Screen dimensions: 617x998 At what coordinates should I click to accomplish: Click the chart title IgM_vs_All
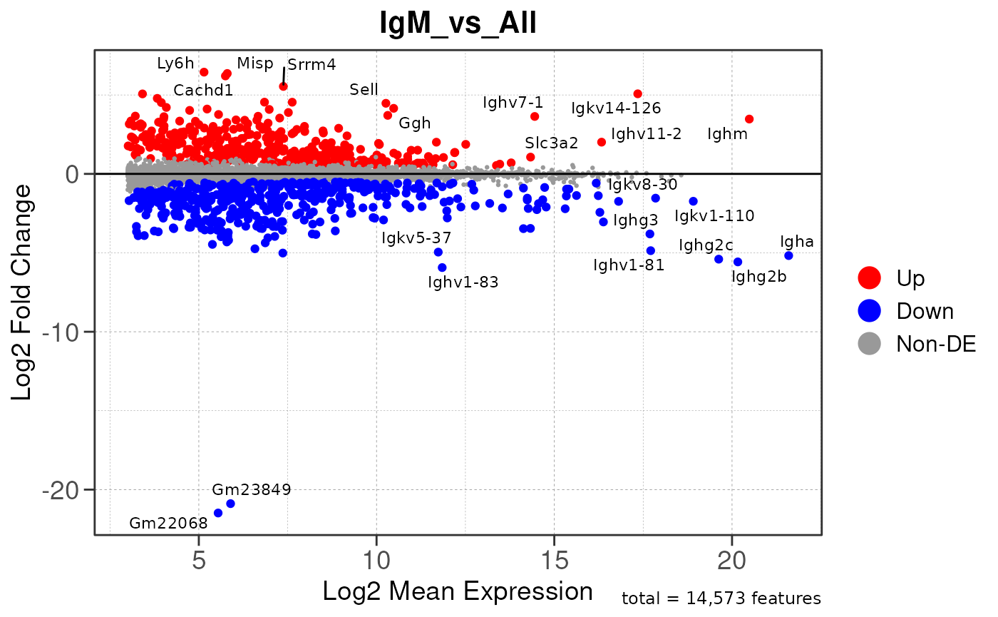tap(458, 24)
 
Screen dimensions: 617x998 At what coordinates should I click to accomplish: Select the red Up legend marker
tap(870, 277)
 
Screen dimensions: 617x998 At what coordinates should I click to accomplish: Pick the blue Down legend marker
tap(870, 310)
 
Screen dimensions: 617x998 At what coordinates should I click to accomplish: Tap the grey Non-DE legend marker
tap(870, 344)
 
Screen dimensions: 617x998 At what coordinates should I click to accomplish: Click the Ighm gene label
tap(727, 133)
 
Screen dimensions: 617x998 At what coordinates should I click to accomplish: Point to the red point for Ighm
tap(749, 119)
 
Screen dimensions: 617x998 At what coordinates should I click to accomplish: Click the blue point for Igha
tap(788, 255)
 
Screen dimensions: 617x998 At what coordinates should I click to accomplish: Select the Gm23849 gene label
tap(252, 490)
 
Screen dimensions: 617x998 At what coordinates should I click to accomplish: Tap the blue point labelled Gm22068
tap(218, 513)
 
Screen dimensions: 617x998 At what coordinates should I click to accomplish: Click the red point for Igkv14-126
tap(638, 94)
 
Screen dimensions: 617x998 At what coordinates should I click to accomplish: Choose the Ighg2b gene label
tap(758, 277)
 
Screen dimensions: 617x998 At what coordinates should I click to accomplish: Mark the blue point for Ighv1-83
tap(442, 267)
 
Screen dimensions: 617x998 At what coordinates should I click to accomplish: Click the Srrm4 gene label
tap(312, 65)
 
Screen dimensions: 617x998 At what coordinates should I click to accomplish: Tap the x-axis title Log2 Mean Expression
tap(458, 591)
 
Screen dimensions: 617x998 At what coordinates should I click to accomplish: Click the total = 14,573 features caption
tap(721, 599)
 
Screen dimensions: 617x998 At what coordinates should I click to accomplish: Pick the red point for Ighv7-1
tap(535, 116)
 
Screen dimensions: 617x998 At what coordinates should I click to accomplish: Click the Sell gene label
tap(364, 90)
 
